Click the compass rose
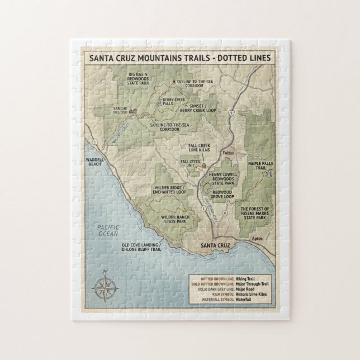(105, 287)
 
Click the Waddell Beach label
(96, 162)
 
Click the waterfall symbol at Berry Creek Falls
(160, 103)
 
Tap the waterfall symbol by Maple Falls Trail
(269, 174)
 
